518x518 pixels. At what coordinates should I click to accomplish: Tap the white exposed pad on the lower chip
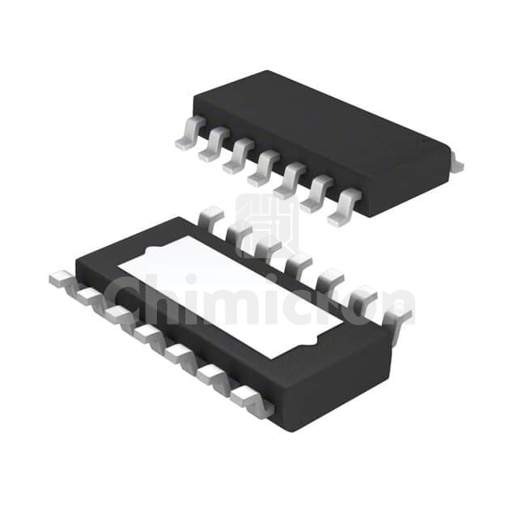[230, 296]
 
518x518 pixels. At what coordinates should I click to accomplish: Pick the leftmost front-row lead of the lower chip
[62, 280]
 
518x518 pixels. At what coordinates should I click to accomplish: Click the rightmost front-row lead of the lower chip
[253, 401]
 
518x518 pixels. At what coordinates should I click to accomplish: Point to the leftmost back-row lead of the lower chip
[210, 216]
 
